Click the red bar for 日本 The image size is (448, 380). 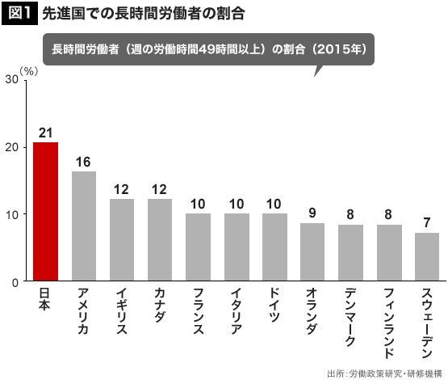click(46, 212)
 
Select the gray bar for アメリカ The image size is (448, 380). click(84, 226)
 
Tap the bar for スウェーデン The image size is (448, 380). click(427, 256)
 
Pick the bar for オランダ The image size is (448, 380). click(312, 251)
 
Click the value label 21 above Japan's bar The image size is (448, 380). click(46, 133)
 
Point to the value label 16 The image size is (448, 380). click(83, 163)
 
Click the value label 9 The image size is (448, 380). click(312, 213)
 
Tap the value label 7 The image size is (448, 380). click(427, 222)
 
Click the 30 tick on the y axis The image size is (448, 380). click(12, 79)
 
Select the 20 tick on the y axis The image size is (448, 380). click(12, 147)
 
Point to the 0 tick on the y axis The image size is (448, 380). click(15, 283)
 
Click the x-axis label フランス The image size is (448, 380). click(199, 310)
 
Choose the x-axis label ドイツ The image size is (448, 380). click(274, 305)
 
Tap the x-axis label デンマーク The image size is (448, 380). click(350, 317)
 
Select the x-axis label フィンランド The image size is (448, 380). click(389, 323)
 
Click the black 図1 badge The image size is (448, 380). click(19, 13)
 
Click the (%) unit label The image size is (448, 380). click(29, 71)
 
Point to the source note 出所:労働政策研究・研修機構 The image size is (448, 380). click(384, 374)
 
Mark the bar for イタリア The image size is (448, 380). click(237, 247)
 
